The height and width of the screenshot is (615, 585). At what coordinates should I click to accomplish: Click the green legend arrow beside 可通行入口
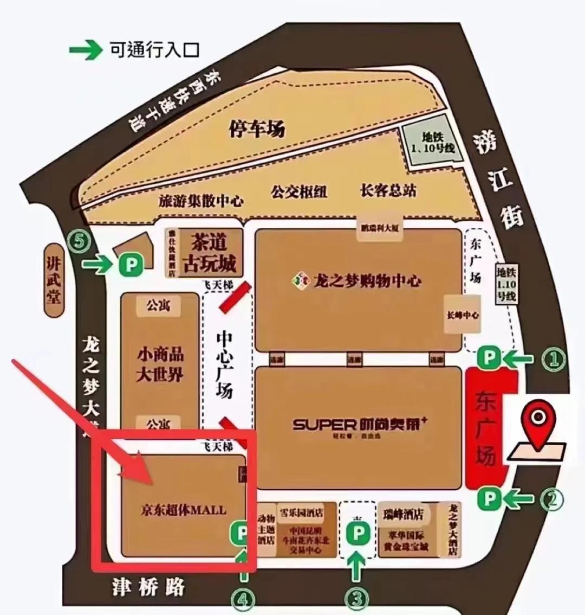point(86,50)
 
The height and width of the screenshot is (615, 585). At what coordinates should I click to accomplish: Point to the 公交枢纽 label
point(299,191)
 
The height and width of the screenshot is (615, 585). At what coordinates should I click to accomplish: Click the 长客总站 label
point(388,190)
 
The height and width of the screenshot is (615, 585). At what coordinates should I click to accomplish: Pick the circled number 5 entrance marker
point(80,242)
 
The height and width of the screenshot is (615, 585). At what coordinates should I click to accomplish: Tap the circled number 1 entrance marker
point(553,358)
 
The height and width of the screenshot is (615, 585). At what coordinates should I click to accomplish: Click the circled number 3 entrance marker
point(356,598)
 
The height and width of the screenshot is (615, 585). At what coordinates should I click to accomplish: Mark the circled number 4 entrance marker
point(243,599)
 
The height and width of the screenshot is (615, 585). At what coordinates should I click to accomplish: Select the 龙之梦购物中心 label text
point(367,281)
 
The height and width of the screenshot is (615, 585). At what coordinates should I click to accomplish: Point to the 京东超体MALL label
point(183,510)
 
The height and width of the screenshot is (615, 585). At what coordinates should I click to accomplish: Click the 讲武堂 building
point(54,280)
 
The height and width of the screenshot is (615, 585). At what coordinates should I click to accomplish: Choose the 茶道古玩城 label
point(210,253)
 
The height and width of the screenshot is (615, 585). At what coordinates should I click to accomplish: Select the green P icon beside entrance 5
point(131,265)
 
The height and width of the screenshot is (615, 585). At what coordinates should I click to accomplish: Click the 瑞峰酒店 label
point(402,514)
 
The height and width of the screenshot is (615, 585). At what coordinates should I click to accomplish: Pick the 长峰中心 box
point(462,315)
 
